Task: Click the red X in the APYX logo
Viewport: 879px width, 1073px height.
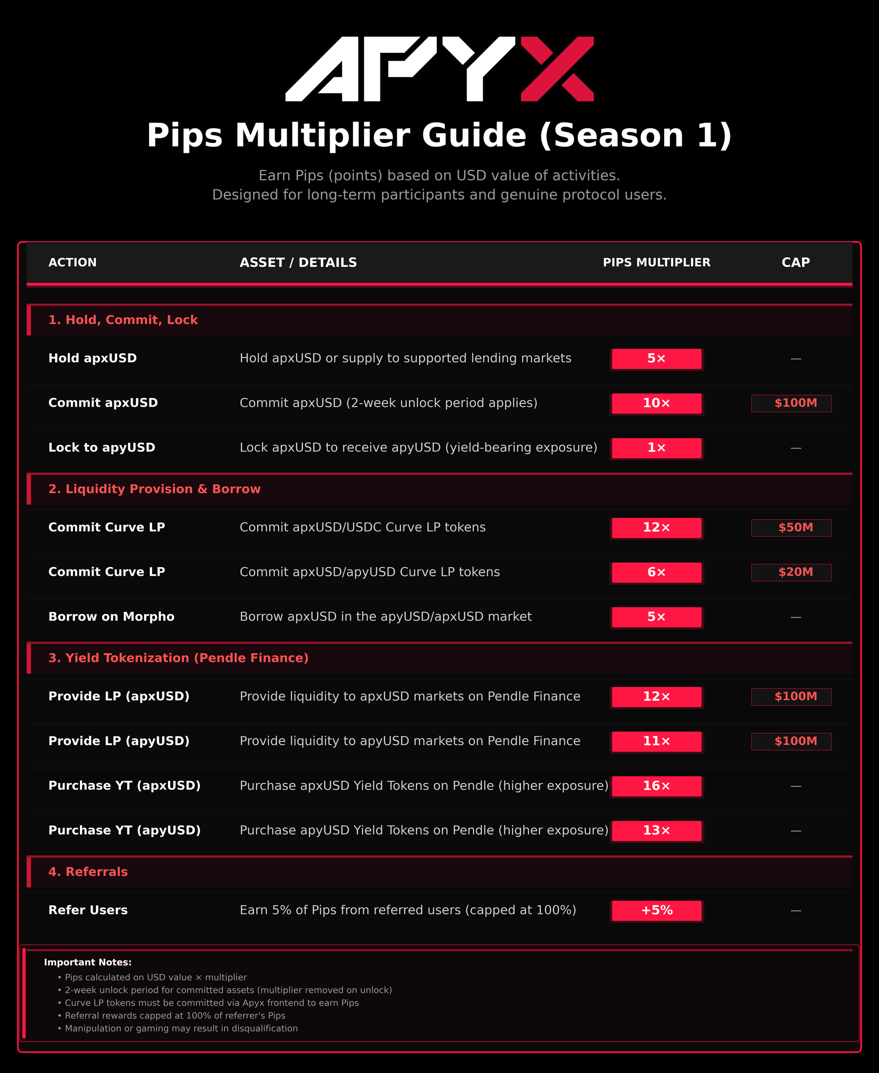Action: (x=557, y=69)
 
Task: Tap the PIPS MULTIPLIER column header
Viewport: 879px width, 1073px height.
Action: (x=656, y=262)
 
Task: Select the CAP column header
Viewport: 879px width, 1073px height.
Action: (x=795, y=262)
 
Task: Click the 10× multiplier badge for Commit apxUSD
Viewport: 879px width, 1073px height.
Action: (x=656, y=403)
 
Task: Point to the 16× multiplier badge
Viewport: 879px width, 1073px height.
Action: (x=656, y=786)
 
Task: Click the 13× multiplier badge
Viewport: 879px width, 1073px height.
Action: (x=656, y=830)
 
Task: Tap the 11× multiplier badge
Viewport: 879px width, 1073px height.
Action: (x=656, y=741)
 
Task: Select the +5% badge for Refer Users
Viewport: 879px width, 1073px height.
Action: (x=656, y=910)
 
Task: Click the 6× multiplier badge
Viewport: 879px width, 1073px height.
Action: (x=656, y=572)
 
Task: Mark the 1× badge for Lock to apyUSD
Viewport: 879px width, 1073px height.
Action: (x=656, y=447)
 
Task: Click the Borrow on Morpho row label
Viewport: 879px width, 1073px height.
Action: (x=111, y=617)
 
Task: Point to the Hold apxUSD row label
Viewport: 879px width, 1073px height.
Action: (x=93, y=359)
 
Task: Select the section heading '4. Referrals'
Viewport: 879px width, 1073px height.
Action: (x=88, y=872)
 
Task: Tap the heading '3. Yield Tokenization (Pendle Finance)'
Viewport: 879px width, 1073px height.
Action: (x=178, y=658)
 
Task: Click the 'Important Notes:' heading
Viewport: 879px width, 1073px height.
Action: (x=87, y=962)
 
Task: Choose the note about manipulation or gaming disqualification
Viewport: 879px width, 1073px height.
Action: (x=181, y=1029)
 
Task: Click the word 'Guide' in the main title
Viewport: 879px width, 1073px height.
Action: (x=474, y=136)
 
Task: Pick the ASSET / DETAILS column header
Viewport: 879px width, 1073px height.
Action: (x=298, y=262)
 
